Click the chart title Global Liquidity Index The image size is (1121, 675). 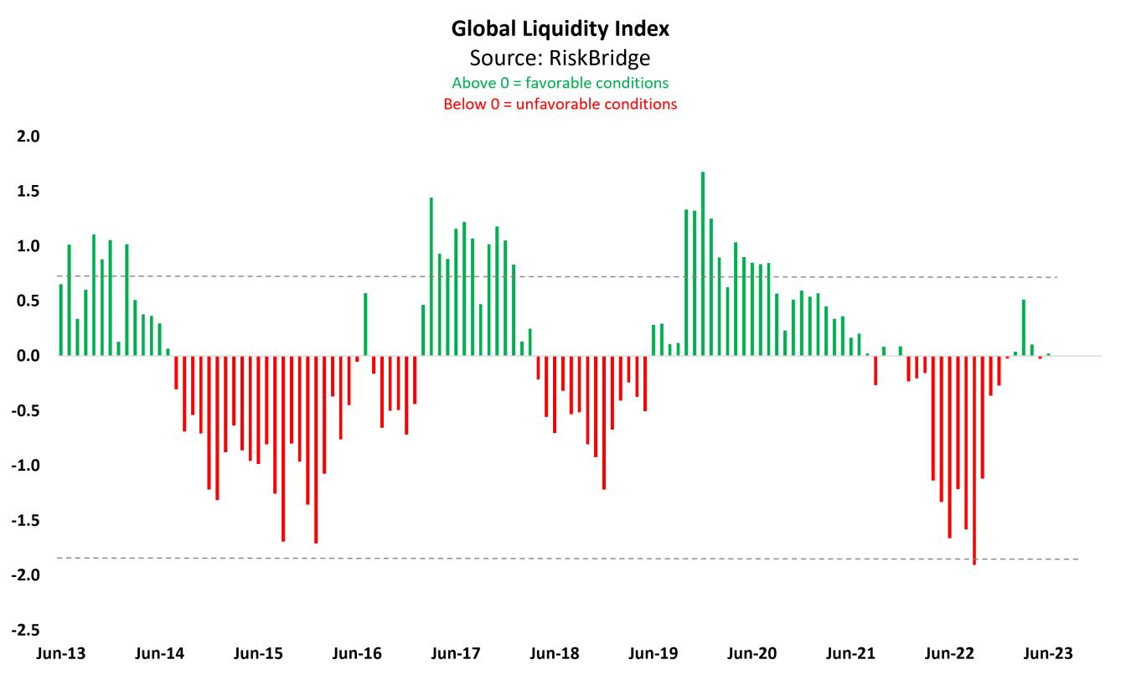[560, 28]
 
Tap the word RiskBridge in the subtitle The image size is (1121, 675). [600, 58]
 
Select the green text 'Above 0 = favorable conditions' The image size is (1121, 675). [560, 83]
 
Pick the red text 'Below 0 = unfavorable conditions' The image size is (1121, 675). [560, 104]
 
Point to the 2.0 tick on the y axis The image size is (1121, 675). [28, 137]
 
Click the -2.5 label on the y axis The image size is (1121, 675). [25, 630]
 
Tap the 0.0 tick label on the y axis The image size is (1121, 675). [28, 356]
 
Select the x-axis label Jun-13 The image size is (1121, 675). [60, 653]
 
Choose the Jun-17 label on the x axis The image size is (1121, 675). [456, 653]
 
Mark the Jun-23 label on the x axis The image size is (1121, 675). [1048, 653]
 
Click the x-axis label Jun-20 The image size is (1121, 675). [752, 653]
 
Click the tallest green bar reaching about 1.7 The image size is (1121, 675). [703, 264]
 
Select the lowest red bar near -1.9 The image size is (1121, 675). [974, 461]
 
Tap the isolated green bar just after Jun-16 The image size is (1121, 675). [365, 324]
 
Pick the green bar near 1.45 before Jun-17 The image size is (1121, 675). [431, 276]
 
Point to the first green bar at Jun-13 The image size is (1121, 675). [60, 320]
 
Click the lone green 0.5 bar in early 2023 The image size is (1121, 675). [1024, 327]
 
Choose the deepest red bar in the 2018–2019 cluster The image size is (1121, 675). [604, 422]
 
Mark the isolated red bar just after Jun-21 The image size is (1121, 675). [876, 370]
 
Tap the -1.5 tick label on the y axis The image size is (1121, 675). [25, 520]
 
